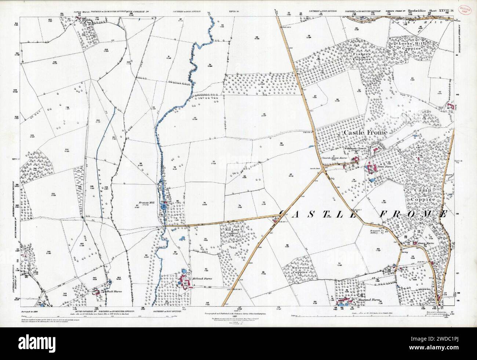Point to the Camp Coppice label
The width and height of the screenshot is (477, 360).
point(425,195)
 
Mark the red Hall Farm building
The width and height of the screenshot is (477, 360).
point(98,292)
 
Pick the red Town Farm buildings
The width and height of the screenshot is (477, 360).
point(371,169)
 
